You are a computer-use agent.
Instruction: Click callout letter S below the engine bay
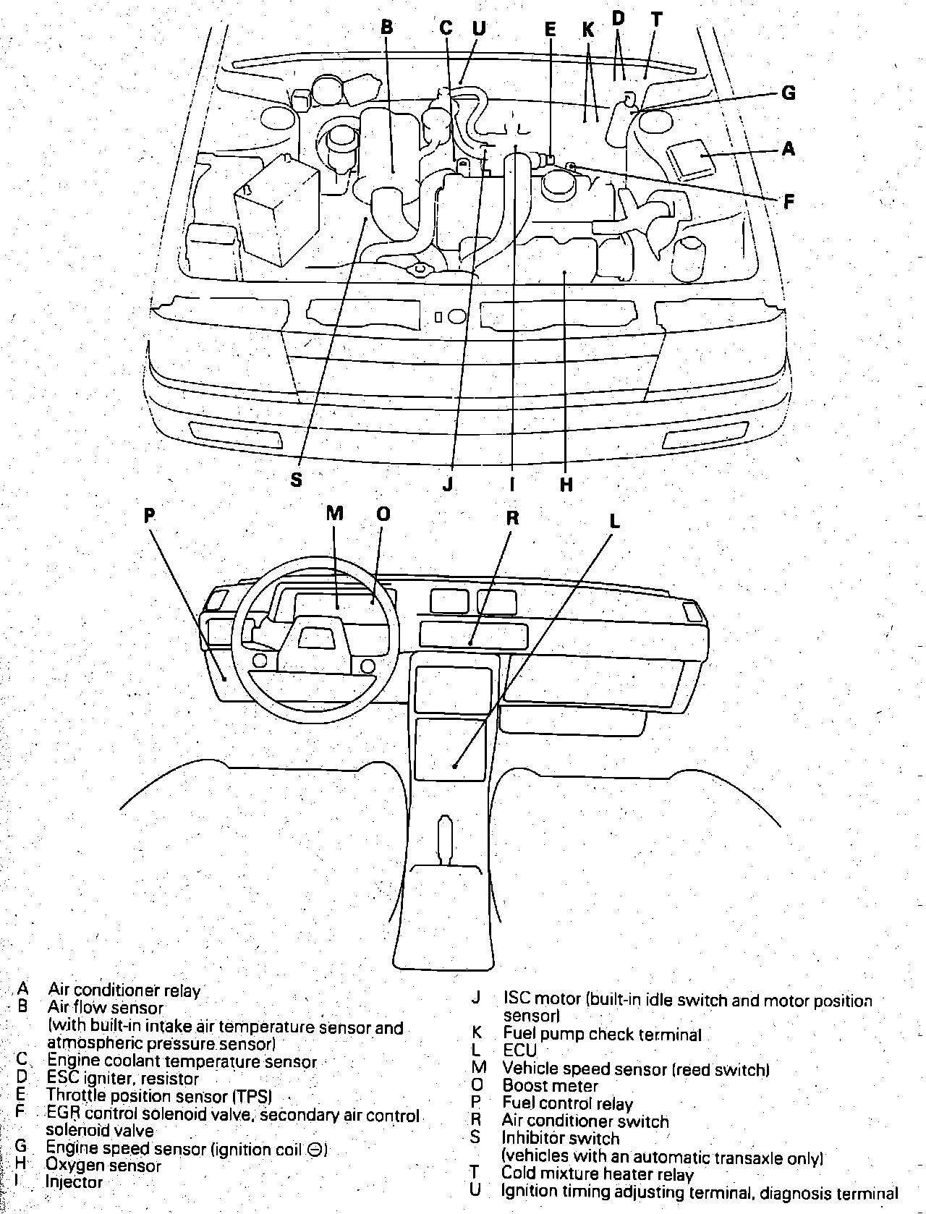click(x=296, y=479)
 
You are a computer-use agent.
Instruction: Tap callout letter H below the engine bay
click(x=566, y=484)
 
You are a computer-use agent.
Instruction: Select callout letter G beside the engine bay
click(x=789, y=93)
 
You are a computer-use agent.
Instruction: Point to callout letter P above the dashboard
click(x=149, y=515)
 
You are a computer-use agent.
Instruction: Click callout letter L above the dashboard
click(x=613, y=521)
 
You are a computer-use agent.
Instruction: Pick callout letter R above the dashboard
click(x=512, y=517)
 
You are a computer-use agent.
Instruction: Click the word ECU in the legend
click(x=519, y=1050)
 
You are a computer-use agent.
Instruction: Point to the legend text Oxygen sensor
click(x=103, y=1165)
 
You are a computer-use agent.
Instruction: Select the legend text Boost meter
click(x=550, y=1086)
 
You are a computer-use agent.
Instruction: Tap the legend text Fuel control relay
click(x=567, y=1104)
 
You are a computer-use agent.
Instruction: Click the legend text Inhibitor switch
click(x=561, y=1138)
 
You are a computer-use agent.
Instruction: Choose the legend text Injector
click(x=75, y=1182)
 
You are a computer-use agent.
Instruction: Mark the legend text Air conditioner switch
click(x=585, y=1121)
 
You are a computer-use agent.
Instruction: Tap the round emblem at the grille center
click(x=457, y=316)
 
